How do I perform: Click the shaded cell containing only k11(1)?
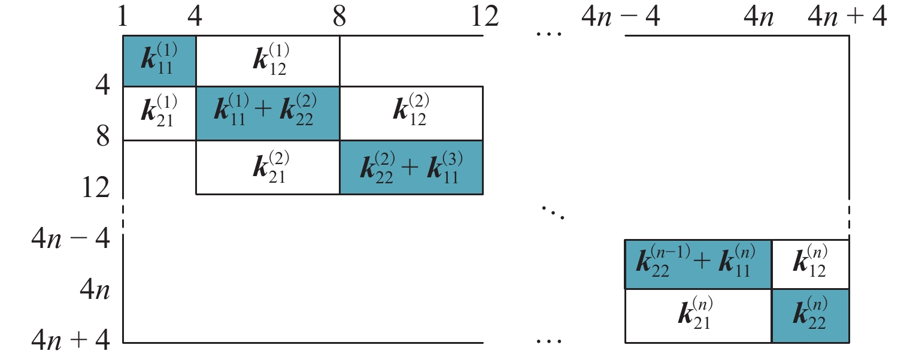tap(159, 61)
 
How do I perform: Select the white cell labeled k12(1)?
tap(268, 61)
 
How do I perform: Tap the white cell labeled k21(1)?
tap(159, 113)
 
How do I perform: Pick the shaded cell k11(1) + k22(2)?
tap(268, 113)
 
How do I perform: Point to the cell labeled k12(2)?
tap(411, 113)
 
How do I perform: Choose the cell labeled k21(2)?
tap(268, 167)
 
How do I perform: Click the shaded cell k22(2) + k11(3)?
tap(411, 167)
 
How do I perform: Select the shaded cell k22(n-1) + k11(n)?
tap(698, 264)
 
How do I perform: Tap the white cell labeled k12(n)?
tap(810, 264)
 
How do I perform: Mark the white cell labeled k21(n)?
tap(698, 316)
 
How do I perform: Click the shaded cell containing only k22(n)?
tap(810, 316)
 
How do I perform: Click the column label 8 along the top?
tap(339, 16)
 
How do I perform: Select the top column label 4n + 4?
tap(847, 16)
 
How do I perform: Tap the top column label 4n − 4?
tap(621, 16)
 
